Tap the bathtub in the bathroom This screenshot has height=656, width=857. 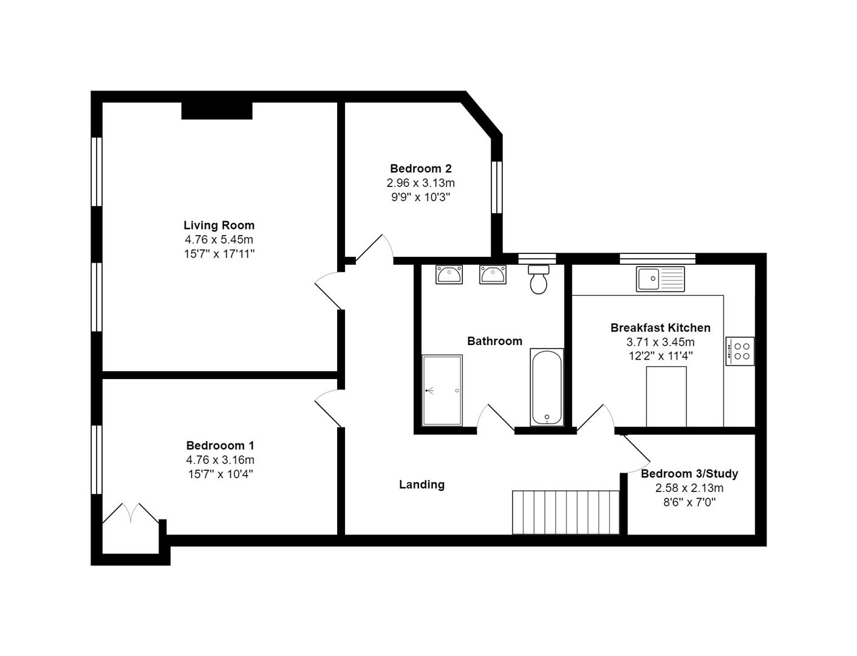point(547,387)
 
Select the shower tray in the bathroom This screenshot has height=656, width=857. point(442,390)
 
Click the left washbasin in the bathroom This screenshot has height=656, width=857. point(449,275)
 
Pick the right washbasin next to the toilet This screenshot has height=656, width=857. point(493,275)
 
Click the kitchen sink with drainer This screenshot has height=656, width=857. point(660,279)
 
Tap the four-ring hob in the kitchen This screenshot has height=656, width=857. point(740,351)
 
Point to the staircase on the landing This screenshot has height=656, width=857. point(565,512)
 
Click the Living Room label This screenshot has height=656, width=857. point(219,225)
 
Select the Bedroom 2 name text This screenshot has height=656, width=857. point(420,168)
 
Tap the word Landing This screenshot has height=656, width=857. point(422,484)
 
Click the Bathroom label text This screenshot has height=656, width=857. point(494,341)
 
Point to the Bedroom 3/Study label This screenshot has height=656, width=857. point(689,473)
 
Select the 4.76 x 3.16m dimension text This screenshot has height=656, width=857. point(220,460)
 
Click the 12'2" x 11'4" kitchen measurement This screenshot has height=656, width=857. point(660,356)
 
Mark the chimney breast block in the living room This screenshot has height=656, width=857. point(217,111)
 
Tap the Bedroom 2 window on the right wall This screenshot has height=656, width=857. point(497,187)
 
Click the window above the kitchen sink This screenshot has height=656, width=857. point(657,259)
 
